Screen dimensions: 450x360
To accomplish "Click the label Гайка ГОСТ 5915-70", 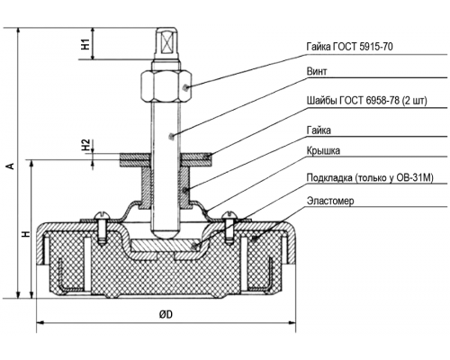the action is point(349,47).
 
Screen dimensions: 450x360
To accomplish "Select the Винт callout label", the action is point(317,71).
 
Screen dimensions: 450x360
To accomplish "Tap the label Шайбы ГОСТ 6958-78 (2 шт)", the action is point(366,101).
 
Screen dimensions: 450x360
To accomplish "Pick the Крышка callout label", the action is point(323,150).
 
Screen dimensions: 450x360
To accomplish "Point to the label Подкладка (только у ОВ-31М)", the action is point(370,177).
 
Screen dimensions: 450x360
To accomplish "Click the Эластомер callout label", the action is point(330,200).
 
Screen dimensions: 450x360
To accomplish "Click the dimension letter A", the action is point(11,166).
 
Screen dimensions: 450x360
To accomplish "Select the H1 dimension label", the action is point(86,44).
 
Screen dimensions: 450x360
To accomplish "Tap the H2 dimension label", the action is point(86,145).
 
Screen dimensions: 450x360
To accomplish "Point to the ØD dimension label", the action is point(166,314).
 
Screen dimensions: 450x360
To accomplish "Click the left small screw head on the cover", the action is point(102,215).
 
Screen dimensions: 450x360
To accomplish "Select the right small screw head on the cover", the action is point(229,215).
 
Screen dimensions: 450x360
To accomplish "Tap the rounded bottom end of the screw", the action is point(166,233).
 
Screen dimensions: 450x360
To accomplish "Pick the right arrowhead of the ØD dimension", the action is point(292,322).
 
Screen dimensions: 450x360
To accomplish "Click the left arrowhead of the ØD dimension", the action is point(40,322).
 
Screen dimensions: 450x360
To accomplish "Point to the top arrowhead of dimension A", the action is point(19,31).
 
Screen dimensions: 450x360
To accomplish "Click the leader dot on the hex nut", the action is point(185,87).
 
